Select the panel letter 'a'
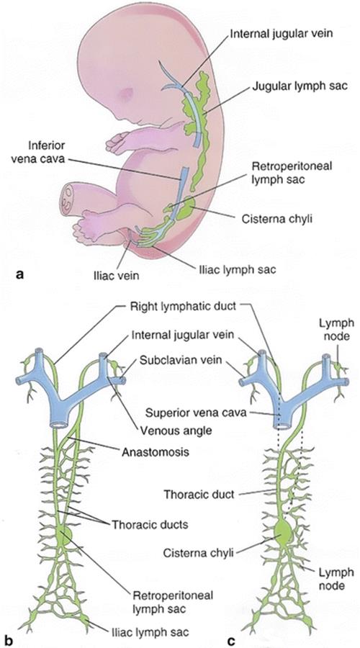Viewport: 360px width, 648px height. (19, 273)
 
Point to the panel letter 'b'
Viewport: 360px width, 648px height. (8, 641)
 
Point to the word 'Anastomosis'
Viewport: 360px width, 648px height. (156, 451)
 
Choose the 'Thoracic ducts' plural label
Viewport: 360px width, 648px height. (150, 525)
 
